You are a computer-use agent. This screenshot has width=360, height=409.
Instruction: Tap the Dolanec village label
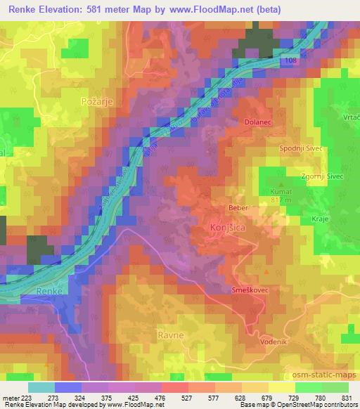coord(257,122)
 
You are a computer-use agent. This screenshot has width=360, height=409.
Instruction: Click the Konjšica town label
coord(228,228)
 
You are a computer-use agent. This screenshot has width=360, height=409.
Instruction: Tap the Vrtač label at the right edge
coord(351,116)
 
